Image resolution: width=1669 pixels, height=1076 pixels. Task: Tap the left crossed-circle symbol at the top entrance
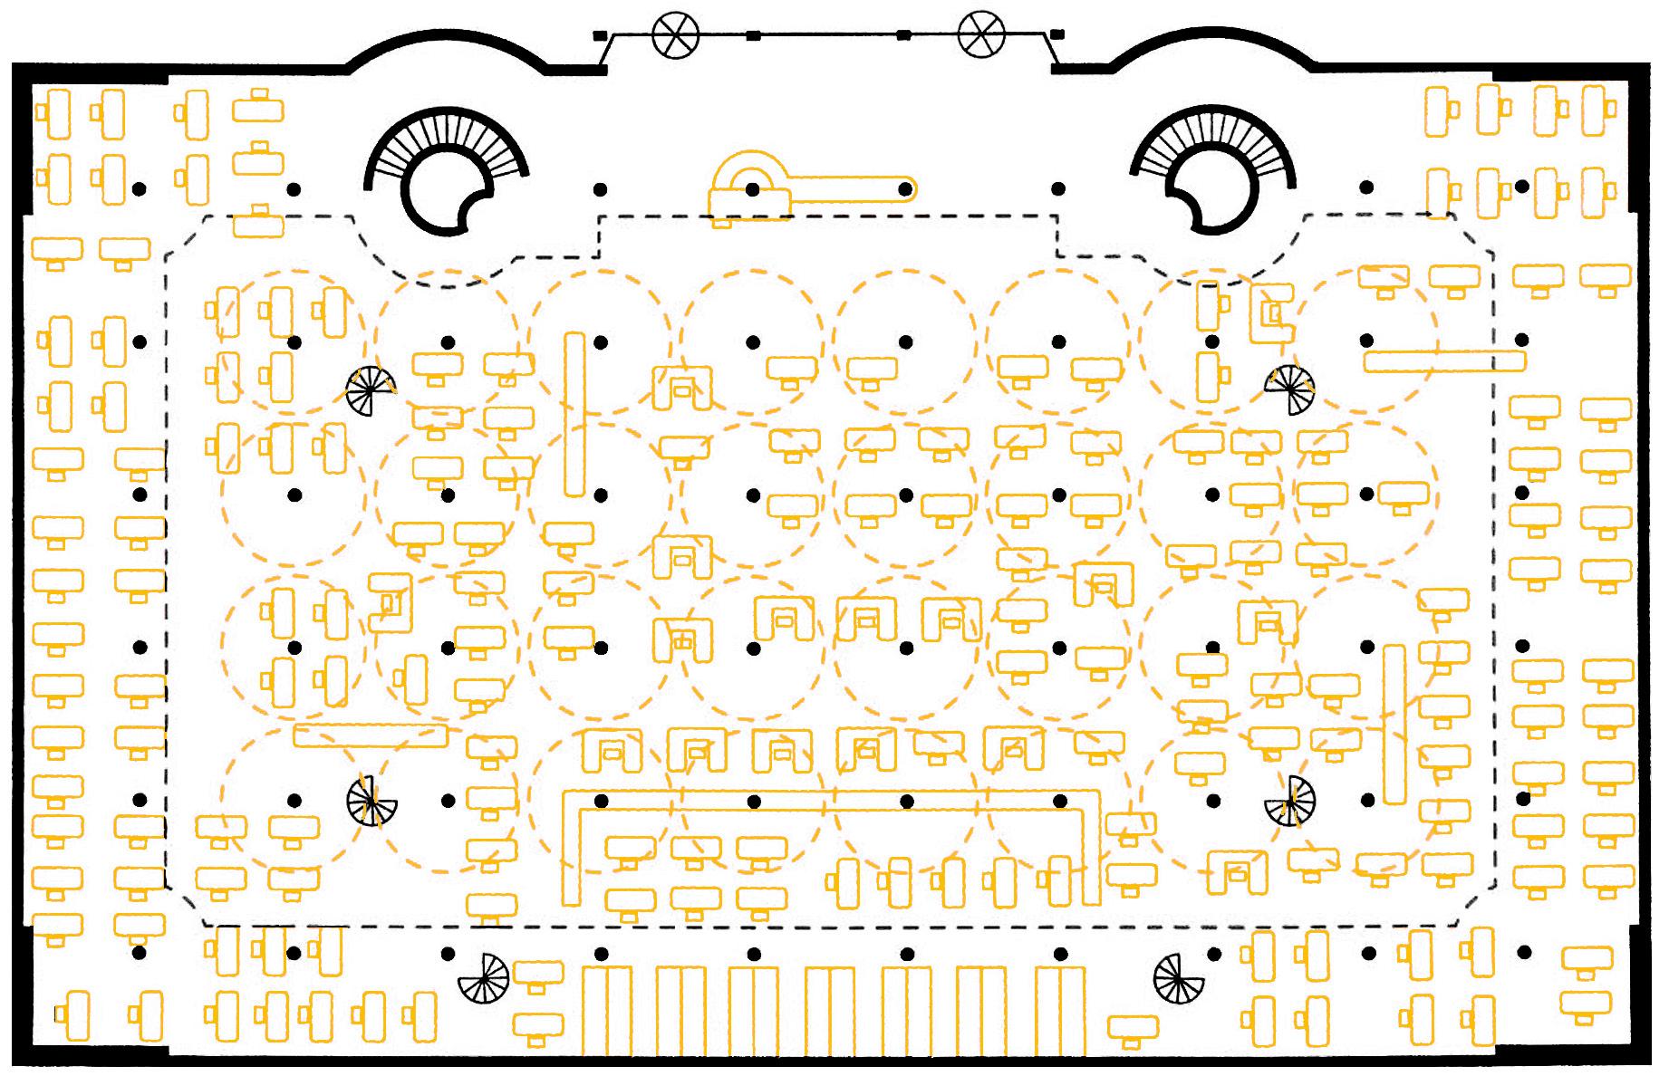(675, 34)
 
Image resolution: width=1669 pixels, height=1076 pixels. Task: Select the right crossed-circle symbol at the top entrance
(981, 34)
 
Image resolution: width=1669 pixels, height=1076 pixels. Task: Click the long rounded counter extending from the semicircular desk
(852, 188)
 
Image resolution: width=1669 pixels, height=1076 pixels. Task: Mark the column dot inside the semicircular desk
(752, 189)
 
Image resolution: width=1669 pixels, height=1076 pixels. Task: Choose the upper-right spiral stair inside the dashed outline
(1289, 388)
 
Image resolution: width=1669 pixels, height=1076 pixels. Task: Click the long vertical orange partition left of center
(574, 415)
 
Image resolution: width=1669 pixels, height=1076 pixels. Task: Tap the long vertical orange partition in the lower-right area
(1394, 724)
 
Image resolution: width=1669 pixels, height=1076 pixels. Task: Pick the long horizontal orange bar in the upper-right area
(1444, 361)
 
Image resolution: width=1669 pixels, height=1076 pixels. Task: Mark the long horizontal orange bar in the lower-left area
(370, 735)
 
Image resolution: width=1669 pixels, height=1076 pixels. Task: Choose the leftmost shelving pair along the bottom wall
(606, 1012)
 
